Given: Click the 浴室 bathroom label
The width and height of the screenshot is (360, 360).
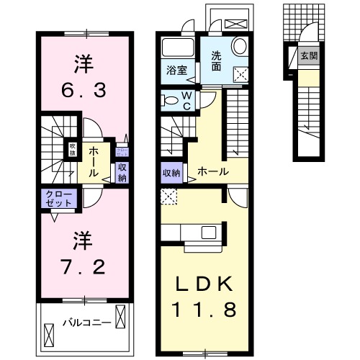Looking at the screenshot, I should click(x=177, y=71).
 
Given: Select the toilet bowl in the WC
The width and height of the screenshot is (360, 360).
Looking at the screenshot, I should click(x=171, y=99).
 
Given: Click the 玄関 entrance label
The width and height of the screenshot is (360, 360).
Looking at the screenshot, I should click(x=308, y=55).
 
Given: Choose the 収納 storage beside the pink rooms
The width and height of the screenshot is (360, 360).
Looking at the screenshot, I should click(x=122, y=172).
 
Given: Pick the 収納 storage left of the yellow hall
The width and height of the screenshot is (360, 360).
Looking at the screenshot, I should click(x=171, y=172).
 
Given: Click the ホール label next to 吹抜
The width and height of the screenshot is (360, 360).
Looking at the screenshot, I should click(x=95, y=162).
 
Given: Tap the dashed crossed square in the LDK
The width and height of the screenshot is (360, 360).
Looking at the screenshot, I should click(x=168, y=194).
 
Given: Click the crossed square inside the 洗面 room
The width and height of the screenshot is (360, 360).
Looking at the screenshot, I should click(x=241, y=73).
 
